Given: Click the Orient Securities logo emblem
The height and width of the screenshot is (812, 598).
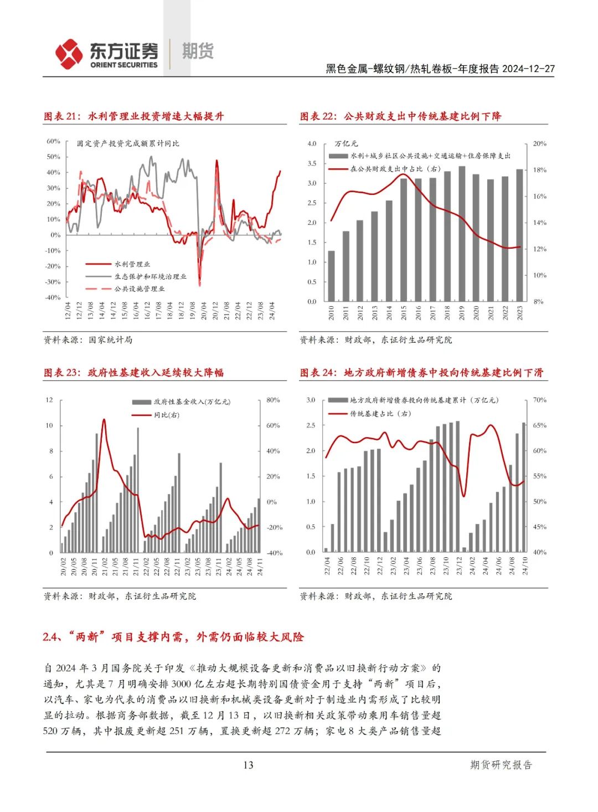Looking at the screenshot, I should [x=69, y=54].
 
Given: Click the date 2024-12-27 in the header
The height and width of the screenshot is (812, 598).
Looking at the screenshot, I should [x=528, y=69].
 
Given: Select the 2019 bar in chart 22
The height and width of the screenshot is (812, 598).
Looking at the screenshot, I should [x=462, y=234].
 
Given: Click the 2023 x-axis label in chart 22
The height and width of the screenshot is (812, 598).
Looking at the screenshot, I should [x=519, y=314].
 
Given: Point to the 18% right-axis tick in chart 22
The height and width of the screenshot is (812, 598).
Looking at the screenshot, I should [x=539, y=170].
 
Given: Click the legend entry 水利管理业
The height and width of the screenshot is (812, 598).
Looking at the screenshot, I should [x=132, y=264].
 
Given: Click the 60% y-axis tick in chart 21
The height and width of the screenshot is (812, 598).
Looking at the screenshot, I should [x=53, y=141].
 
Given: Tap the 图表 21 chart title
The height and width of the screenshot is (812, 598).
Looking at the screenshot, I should [x=133, y=116].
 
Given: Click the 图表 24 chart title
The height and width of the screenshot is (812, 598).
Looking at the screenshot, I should [x=421, y=373].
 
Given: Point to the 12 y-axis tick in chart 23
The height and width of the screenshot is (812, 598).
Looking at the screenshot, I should [x=49, y=400].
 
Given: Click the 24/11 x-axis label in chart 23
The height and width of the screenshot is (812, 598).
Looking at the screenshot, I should [x=259, y=567].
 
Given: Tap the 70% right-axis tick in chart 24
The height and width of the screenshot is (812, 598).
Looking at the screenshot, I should [x=539, y=400].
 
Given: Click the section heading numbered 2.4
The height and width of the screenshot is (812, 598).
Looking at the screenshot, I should [x=173, y=637].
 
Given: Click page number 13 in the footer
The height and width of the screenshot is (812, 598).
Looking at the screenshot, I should [x=248, y=765].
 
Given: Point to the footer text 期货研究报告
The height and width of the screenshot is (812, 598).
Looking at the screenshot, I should [x=501, y=765].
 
